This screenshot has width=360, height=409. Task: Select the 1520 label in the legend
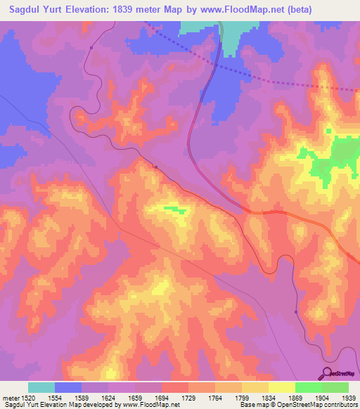29,398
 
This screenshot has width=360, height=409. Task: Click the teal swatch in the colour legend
41,387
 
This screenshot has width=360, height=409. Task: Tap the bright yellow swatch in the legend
281,387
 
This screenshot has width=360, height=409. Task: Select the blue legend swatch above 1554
68,387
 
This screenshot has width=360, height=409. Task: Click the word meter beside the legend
11,398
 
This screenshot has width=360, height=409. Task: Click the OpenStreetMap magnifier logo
325,373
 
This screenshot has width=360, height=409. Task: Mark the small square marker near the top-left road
91,48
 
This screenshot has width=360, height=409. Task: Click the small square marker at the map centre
155,167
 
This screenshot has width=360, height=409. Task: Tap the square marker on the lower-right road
296,312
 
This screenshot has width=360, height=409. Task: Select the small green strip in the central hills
172,209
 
